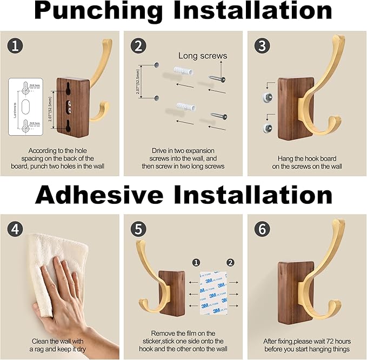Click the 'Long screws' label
tap(203, 56)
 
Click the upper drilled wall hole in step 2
tap(155, 65)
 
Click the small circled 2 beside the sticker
tap(231, 263)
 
